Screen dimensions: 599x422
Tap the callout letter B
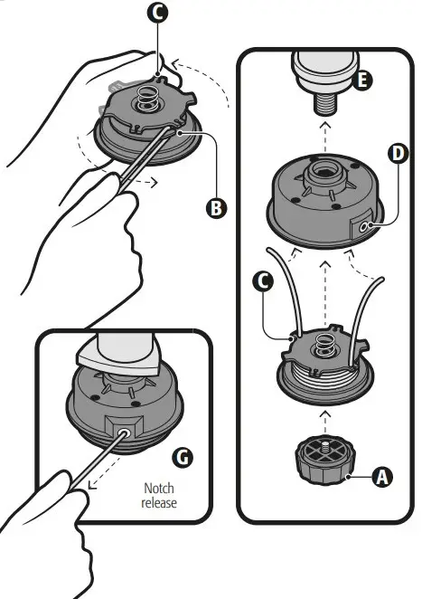215,208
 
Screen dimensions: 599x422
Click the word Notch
159,488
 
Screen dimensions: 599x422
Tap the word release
159,502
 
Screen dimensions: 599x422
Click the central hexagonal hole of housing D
323,169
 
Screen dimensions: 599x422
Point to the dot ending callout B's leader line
184,131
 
